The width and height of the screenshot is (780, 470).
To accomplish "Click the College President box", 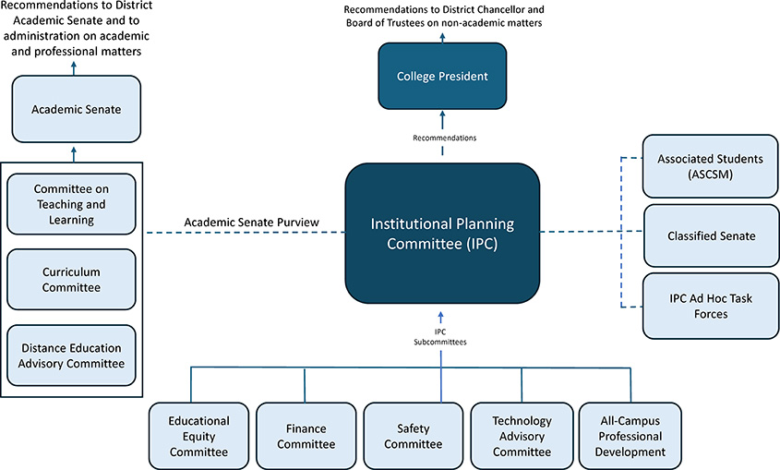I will click(x=442, y=75).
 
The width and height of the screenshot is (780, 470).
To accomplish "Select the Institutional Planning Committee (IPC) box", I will click(x=442, y=233).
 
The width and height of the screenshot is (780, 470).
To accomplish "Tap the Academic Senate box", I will click(x=76, y=109).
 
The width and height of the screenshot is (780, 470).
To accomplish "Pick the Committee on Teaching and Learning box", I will click(x=71, y=203).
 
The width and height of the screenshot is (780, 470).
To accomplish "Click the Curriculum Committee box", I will click(x=71, y=280).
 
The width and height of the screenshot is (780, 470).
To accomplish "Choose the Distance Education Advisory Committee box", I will click(x=71, y=355).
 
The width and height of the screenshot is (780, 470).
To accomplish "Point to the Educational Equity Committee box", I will click(x=198, y=436).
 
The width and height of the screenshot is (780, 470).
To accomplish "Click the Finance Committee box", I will click(x=306, y=436).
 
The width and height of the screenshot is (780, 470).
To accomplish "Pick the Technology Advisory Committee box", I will click(x=522, y=436).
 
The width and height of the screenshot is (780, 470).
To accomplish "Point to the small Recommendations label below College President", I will click(x=444, y=138).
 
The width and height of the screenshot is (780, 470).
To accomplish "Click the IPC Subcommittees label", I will click(x=439, y=336).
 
